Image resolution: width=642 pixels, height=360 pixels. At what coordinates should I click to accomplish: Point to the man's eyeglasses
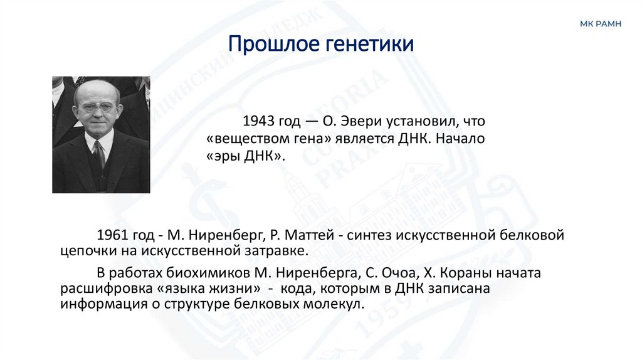(96, 108)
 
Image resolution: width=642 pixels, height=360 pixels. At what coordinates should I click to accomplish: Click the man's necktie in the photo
(99, 154)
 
